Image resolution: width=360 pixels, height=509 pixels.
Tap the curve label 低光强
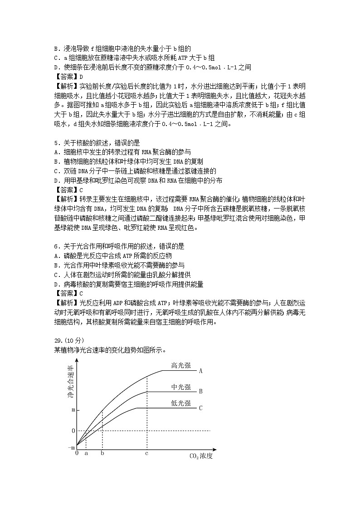180,403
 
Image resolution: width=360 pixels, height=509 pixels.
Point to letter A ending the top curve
200,371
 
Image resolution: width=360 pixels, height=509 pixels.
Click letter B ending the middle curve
200,391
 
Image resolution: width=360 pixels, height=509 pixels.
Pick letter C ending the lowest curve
200,408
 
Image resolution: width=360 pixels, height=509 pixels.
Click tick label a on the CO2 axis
86,453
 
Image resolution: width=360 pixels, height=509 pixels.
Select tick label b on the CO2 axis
102,453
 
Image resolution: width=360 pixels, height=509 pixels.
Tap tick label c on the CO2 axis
146,453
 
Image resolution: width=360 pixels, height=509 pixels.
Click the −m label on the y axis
71,447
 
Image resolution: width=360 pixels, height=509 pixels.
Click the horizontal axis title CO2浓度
200,456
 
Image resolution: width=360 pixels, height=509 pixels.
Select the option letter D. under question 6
57,284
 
